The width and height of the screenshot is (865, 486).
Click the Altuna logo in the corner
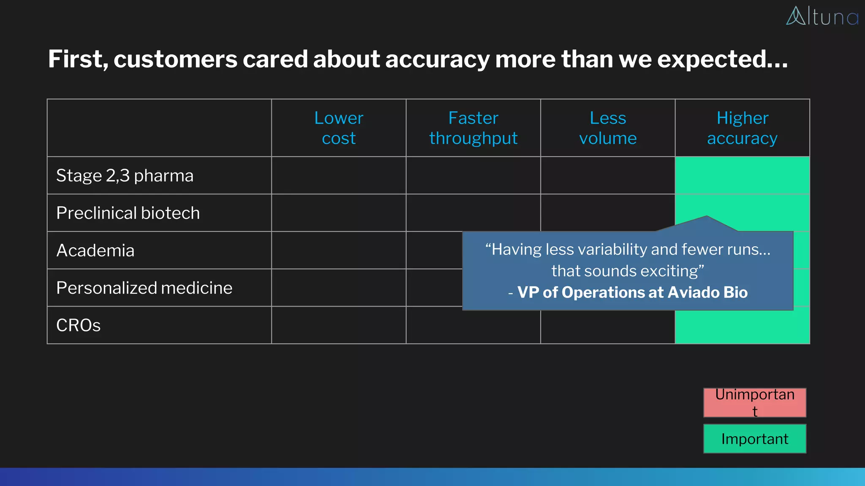coord(822,16)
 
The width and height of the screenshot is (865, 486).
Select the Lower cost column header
coord(338,128)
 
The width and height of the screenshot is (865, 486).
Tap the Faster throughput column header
coord(473,128)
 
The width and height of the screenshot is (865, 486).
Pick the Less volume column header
coord(607,128)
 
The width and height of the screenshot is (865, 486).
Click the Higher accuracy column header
coord(742,128)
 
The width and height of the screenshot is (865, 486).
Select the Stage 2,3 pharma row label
coord(125,175)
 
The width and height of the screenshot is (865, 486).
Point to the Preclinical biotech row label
coord(128,213)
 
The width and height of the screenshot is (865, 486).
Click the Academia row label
coord(95,251)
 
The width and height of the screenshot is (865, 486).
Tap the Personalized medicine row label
coord(144,288)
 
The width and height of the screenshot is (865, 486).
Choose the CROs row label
coord(79,325)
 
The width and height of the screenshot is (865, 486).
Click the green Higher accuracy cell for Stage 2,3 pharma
coord(742,175)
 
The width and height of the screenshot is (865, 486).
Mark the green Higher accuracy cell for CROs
coord(742,327)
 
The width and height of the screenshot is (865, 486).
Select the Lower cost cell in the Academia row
coord(338,250)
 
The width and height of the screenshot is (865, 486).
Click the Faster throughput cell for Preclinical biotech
coord(473,213)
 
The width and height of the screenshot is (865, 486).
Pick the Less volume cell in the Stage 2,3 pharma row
coord(607,175)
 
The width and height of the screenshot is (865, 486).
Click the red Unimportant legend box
coord(754,402)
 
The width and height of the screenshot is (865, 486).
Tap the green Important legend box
coord(754,439)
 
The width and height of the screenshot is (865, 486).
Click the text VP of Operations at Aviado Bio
coord(632,292)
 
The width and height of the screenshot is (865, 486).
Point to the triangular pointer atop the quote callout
coord(706,224)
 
